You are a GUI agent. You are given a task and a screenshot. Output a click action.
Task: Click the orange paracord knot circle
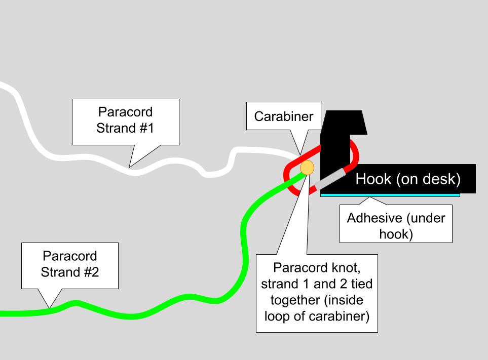pyautogui.click(x=307, y=168)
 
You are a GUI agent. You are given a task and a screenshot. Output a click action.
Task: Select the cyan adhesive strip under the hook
pyautogui.click(x=390, y=194)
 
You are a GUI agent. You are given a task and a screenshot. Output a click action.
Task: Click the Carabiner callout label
pyautogui.click(x=284, y=116)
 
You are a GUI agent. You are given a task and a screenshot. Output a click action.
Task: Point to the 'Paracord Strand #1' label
pyautogui.click(x=125, y=121)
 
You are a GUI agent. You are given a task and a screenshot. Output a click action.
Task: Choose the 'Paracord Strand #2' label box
pyautogui.click(x=70, y=264)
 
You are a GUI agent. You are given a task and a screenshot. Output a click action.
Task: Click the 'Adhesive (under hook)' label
pyautogui.click(x=395, y=226)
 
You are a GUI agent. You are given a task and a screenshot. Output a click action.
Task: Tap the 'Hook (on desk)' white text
pyautogui.click(x=408, y=179)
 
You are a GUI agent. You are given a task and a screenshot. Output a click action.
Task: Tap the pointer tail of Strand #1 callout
pyautogui.click(x=133, y=156)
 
